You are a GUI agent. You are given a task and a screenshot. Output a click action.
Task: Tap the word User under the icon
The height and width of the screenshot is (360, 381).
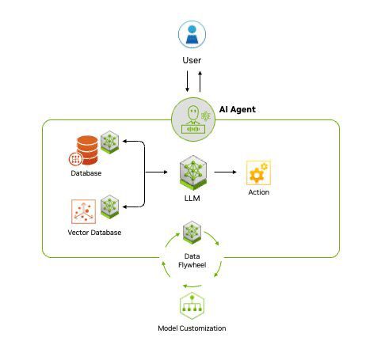point(192,60)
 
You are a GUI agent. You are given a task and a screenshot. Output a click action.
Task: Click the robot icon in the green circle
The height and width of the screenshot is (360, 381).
point(192,119)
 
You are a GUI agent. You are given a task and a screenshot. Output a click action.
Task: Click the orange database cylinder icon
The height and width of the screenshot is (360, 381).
point(85,147)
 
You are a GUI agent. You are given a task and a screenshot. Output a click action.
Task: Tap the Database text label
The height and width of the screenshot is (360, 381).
point(86,173)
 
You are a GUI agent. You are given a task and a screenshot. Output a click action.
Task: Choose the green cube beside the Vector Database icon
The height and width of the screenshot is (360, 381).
point(109,206)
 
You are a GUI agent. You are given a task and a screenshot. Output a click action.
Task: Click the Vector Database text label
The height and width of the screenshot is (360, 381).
point(89,233)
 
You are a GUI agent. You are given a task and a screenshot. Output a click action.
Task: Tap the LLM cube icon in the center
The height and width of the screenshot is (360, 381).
point(192,171)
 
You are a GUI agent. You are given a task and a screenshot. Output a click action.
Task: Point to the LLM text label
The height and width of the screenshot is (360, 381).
point(192,198)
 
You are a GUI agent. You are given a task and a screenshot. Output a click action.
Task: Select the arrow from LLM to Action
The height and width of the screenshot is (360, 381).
point(227,171)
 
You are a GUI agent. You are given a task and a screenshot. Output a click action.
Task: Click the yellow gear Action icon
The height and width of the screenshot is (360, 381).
point(258,172)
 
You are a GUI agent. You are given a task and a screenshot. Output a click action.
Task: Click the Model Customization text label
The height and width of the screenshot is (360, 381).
point(192,328)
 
